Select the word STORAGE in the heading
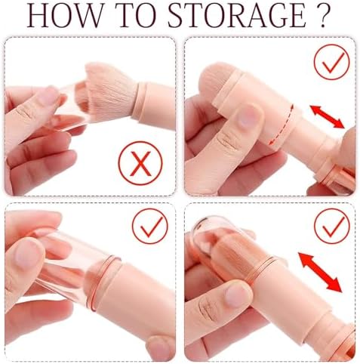[237, 15]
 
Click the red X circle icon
[140, 163]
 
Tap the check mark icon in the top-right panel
[332, 62]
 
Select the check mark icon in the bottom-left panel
[150, 226]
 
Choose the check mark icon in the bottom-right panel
[332, 226]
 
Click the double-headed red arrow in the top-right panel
[327, 117]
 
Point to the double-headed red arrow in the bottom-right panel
[320, 273]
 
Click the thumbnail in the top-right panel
[247, 117]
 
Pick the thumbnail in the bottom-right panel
[238, 294]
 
